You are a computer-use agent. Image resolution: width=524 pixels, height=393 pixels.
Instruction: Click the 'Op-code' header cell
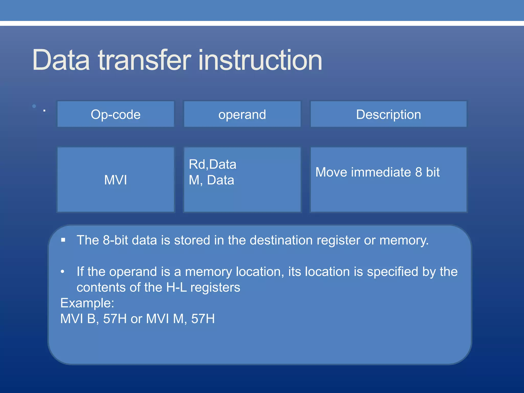(116, 114)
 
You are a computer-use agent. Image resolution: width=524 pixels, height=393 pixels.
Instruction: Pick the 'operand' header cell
(242, 114)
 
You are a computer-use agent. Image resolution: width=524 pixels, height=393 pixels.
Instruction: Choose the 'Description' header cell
(388, 114)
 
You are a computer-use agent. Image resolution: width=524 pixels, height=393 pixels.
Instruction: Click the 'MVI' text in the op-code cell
(116, 180)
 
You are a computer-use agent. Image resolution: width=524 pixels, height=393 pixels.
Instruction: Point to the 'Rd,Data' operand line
(212, 164)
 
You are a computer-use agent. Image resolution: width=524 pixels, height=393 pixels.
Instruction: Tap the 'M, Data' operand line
(211, 180)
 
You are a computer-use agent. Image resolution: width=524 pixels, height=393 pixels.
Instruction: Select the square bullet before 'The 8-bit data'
(63, 240)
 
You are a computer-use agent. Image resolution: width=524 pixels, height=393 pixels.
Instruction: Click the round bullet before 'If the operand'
(62, 272)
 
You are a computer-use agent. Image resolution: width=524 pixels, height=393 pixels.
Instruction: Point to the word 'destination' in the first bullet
(281, 240)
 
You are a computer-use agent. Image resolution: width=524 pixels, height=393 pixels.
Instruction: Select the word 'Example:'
(87, 303)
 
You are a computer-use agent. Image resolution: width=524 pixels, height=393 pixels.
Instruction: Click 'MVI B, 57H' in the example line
(93, 319)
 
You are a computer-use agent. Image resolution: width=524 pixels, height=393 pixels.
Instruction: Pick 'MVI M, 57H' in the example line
(180, 319)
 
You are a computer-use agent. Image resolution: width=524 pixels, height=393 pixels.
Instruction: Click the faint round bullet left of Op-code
(34, 106)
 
